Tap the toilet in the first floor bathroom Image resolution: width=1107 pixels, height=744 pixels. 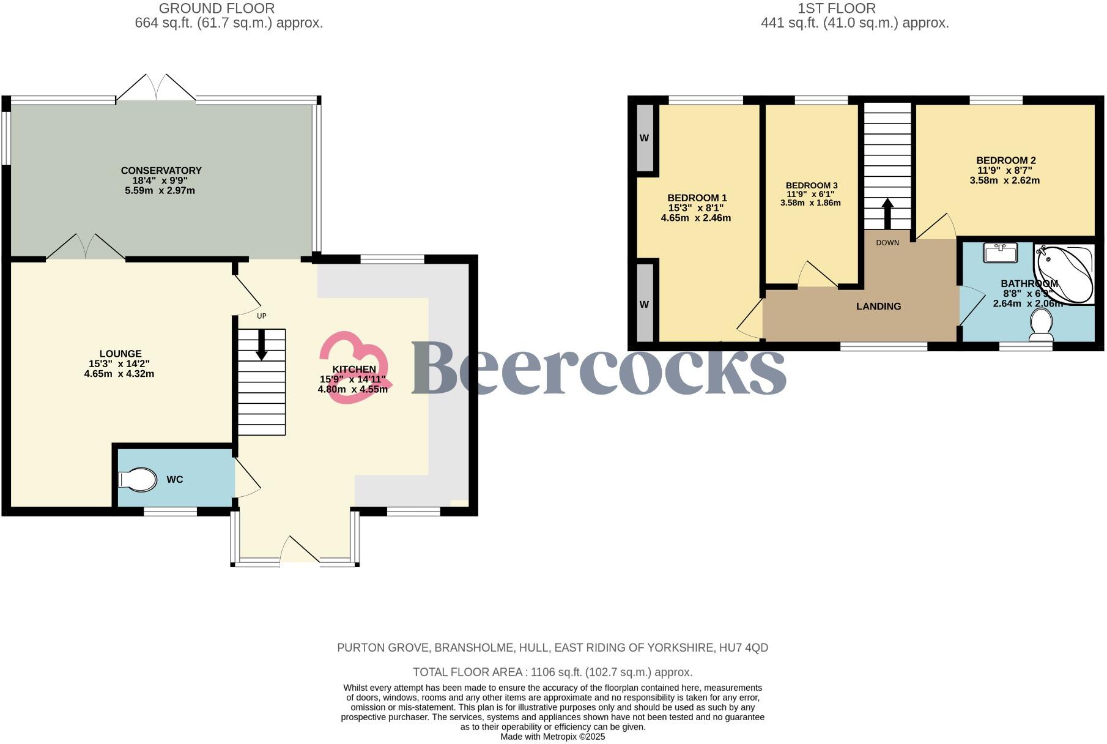[x=1041, y=325]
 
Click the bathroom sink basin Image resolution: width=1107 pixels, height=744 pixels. [x=1001, y=252]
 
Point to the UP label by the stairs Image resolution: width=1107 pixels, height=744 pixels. [x=262, y=316]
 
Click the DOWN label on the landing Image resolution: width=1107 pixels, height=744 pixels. [x=887, y=243]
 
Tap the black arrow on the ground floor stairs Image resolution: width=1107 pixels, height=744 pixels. [x=261, y=345]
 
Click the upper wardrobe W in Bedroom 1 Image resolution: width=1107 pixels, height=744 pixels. [x=644, y=138]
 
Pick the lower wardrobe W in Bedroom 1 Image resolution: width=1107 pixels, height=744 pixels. [x=644, y=305]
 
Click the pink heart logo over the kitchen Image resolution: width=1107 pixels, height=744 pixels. [x=354, y=368]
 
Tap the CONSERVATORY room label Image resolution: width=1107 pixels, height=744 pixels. [x=161, y=171]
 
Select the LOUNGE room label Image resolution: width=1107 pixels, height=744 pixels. [x=120, y=354]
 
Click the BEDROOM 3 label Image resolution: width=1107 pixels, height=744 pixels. [x=811, y=185]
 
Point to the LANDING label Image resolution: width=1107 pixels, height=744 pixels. [x=878, y=307]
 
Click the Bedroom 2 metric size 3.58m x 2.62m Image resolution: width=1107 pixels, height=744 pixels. [x=1004, y=180]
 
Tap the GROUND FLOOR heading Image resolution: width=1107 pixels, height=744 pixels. [x=217, y=9]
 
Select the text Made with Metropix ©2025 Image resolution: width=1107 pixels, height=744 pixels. [x=553, y=737]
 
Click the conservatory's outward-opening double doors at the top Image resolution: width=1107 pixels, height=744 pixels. [x=156, y=87]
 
